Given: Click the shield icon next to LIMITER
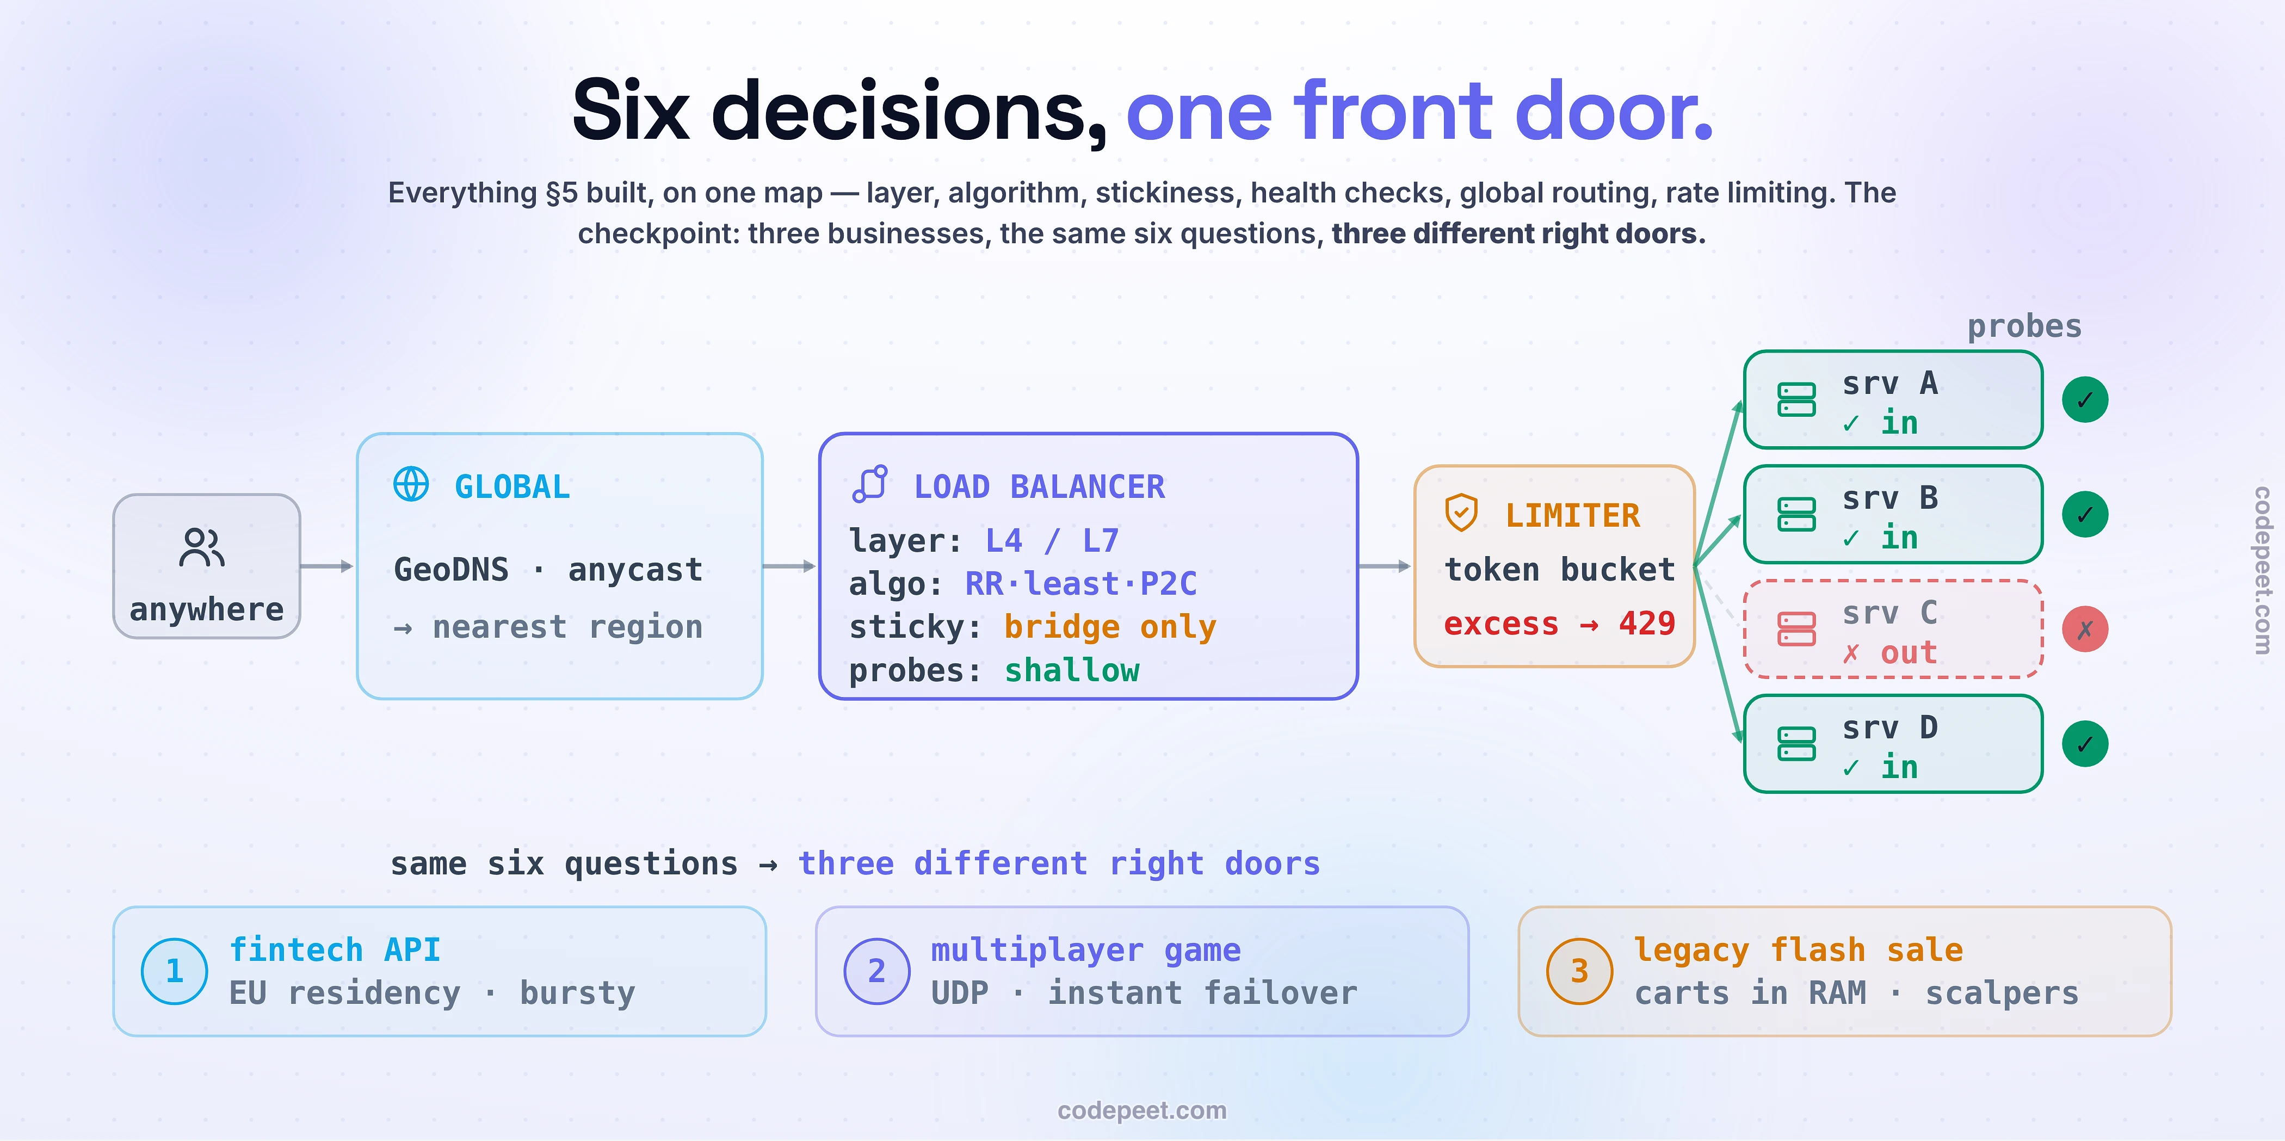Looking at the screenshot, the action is coord(1461,513).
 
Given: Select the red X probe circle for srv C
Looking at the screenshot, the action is coord(2085,629).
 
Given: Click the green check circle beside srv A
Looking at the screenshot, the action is coord(2085,399).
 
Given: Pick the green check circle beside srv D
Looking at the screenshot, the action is coord(2085,743).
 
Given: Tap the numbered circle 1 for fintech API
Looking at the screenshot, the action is coord(175,971).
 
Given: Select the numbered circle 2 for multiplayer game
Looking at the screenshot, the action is coord(877,971).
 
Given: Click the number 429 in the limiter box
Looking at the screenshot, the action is coord(1647,624).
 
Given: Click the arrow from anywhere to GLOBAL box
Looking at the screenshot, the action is coord(326,566).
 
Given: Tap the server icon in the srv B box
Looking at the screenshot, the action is coord(1796,515).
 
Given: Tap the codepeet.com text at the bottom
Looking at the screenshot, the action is coord(1141,1110).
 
